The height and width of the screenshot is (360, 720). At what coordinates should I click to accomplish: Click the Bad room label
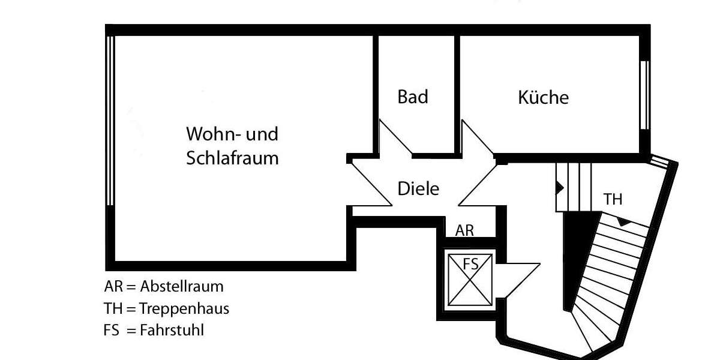click(x=413, y=97)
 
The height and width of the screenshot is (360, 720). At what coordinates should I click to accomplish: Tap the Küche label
click(x=543, y=97)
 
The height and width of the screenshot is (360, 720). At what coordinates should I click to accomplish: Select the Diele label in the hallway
click(x=418, y=189)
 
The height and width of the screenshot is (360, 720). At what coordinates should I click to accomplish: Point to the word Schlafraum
click(x=232, y=159)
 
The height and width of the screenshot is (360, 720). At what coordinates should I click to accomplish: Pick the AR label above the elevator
click(x=464, y=230)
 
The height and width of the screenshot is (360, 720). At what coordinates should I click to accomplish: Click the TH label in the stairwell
click(x=613, y=199)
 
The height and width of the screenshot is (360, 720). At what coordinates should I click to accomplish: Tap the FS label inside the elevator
click(x=470, y=263)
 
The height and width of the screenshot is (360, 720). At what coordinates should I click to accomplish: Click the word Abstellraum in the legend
click(x=181, y=286)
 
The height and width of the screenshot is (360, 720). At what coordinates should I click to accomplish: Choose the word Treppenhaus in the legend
click(x=184, y=308)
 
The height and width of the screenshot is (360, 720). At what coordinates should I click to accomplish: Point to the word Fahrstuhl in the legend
click(x=172, y=330)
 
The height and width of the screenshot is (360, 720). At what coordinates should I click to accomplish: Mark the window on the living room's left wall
click(x=110, y=120)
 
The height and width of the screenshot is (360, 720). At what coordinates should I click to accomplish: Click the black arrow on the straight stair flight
click(x=559, y=187)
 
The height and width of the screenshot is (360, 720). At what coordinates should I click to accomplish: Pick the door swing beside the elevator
click(x=519, y=276)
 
